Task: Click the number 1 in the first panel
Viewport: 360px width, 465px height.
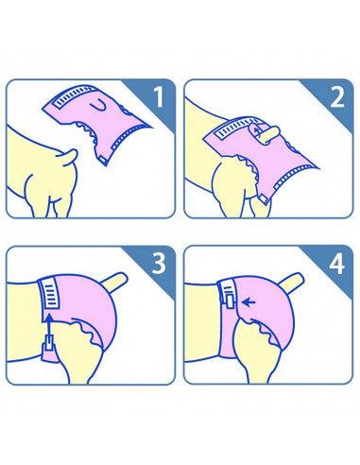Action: coord(159,97)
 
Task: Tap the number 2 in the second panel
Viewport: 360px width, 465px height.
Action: coord(337,97)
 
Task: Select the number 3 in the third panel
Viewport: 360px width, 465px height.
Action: coord(159,263)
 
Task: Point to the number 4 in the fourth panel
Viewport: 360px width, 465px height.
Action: coord(337,263)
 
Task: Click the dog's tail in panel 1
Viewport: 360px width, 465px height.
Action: coord(69,157)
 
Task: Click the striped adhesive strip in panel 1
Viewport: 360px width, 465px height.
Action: coord(75,97)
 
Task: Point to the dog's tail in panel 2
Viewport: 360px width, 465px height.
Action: coord(267,134)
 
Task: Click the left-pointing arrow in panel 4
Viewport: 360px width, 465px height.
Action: coord(249,302)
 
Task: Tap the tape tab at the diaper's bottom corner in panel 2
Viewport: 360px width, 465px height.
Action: coord(264,198)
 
